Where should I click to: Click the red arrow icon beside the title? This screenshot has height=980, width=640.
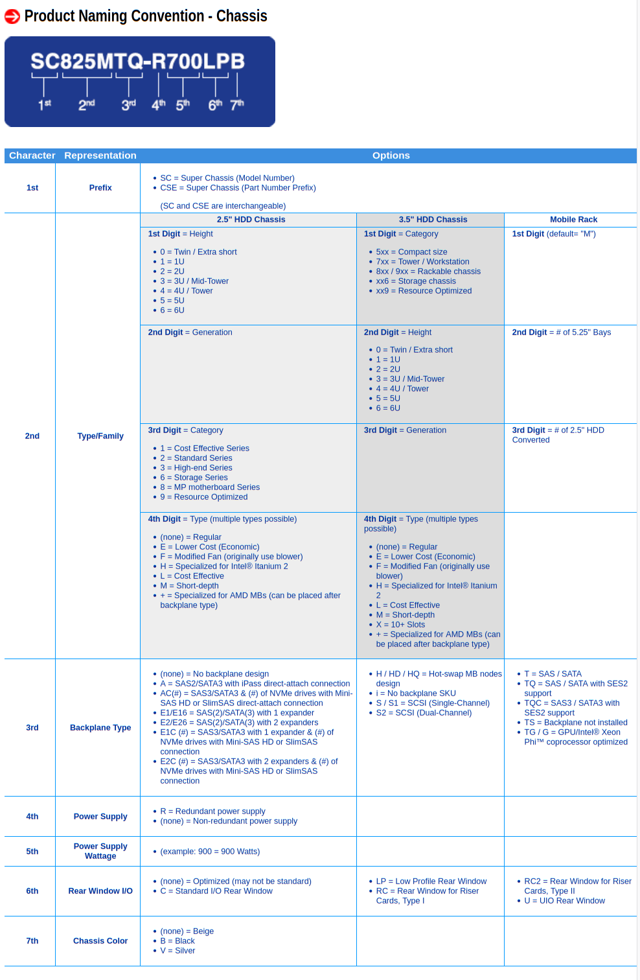tap(12, 16)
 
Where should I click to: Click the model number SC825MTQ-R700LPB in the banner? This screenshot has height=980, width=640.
tap(137, 62)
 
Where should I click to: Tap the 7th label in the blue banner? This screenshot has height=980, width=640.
tap(237, 104)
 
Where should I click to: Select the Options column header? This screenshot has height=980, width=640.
tap(391, 156)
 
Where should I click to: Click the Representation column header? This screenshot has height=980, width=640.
tap(100, 156)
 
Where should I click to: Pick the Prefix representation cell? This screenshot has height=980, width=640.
tap(100, 188)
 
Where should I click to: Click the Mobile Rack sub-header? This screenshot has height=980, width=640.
tap(573, 220)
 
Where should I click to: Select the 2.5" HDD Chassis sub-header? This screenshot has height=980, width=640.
tap(251, 220)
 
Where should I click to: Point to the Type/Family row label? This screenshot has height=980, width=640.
tap(100, 436)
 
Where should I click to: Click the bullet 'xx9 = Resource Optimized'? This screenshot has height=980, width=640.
tap(424, 291)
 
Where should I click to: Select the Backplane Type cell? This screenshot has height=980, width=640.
tap(100, 728)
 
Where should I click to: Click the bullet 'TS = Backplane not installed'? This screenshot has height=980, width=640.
tap(575, 723)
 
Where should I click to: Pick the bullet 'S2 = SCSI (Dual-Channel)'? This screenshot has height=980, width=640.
tap(424, 713)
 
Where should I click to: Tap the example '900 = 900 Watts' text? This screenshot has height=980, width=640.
tap(210, 852)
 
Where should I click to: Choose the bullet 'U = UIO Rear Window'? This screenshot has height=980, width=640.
tap(564, 901)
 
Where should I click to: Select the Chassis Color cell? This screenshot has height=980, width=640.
tap(100, 941)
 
